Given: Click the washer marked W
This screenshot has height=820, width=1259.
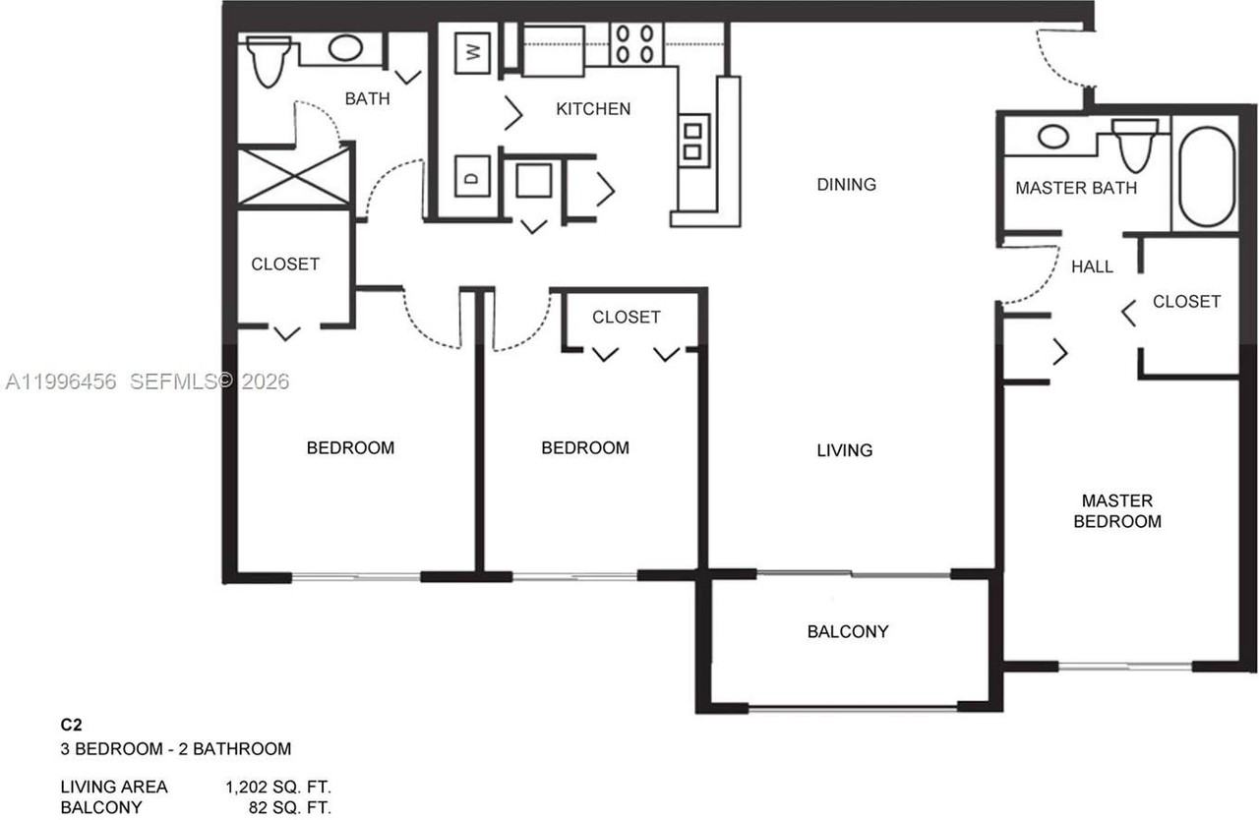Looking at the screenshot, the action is (473, 53).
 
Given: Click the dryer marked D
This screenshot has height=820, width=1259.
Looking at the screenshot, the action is (472, 176).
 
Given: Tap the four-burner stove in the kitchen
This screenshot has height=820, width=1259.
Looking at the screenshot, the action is (635, 44).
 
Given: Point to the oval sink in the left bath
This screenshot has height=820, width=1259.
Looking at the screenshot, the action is (345, 48).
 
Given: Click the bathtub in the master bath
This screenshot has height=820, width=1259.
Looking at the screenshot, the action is (1206, 176).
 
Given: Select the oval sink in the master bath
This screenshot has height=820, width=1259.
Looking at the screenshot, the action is (1052, 137).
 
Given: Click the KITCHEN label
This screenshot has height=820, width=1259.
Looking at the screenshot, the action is (593, 109).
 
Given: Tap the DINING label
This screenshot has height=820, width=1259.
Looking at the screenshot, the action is (847, 184).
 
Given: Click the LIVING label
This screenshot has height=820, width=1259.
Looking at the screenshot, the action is (845, 450).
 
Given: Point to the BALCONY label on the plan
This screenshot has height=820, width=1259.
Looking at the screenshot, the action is (848, 632).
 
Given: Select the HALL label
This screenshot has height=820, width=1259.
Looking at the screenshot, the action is (1092, 266).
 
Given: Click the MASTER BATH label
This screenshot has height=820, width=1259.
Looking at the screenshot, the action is (1076, 188).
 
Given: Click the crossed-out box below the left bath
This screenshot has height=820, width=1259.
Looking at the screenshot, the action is (294, 177).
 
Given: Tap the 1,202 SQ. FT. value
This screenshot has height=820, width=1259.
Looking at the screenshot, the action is (278, 787).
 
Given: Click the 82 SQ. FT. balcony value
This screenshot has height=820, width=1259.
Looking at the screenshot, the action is (290, 807).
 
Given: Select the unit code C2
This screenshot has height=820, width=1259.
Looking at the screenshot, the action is (72, 725).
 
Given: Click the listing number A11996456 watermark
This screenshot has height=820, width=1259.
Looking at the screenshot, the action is (61, 381).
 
